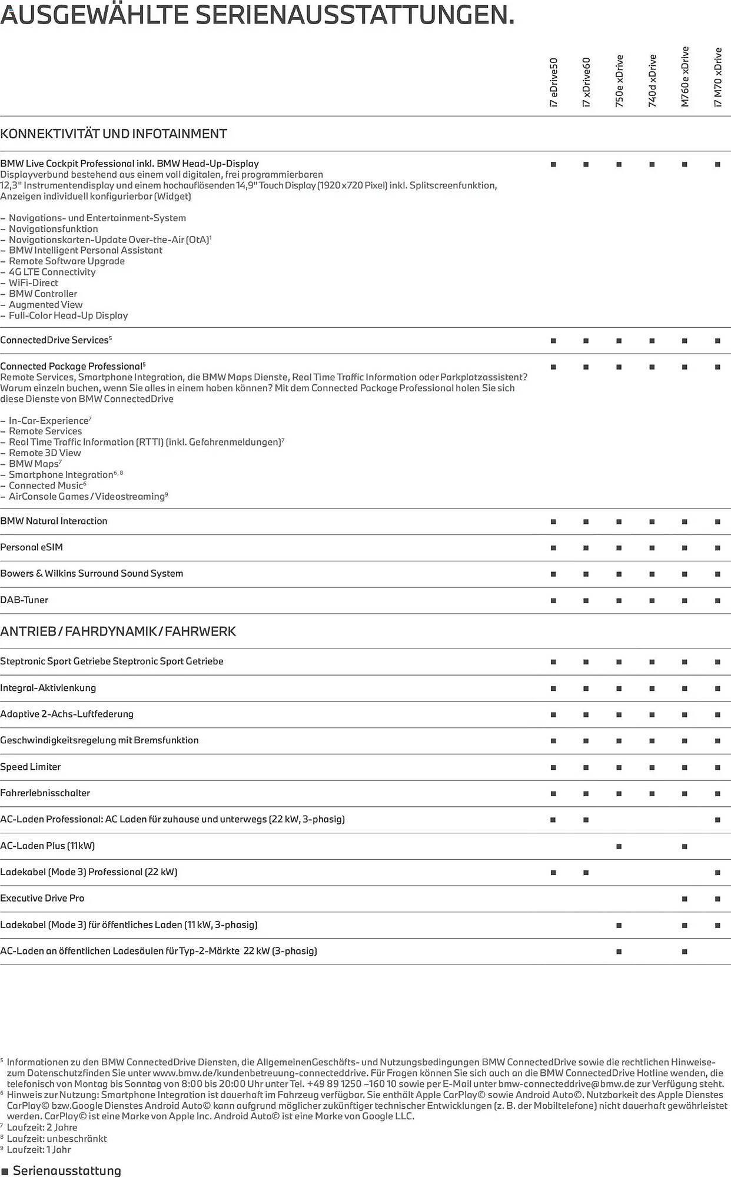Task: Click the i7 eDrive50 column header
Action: click(553, 82)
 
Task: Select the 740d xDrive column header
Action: click(652, 81)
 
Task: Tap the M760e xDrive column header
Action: click(685, 77)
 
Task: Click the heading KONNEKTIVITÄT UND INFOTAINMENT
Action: click(114, 134)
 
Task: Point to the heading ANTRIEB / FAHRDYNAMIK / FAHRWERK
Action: click(118, 631)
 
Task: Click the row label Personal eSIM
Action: click(32, 547)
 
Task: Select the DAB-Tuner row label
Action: click(24, 600)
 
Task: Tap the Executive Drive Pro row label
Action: click(42, 898)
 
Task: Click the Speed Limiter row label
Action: click(31, 767)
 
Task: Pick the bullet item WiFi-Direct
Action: click(34, 283)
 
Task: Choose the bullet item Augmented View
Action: click(46, 305)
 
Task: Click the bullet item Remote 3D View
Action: click(45, 453)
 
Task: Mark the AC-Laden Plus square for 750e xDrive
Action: click(619, 846)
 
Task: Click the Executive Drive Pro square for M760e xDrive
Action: click(685, 899)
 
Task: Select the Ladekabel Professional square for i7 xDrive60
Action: click(586, 873)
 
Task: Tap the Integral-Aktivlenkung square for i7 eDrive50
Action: click(553, 688)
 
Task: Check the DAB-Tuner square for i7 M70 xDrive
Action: click(717, 600)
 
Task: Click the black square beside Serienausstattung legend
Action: click(5, 1172)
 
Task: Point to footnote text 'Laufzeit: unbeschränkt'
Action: click(57, 1139)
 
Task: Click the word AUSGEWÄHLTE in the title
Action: click(94, 14)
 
